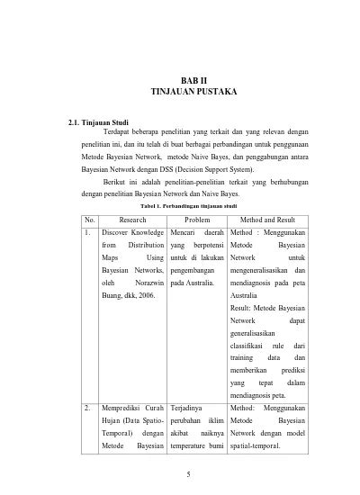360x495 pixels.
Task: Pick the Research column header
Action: (132, 219)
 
